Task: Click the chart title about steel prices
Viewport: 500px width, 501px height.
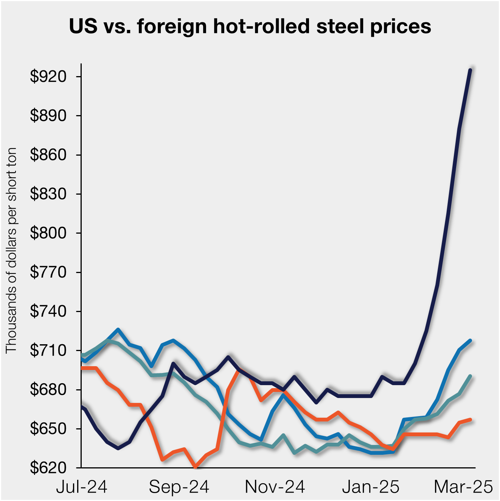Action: click(x=250, y=27)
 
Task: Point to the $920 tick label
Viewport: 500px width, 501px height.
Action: click(x=48, y=76)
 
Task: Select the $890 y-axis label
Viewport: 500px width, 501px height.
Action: click(x=48, y=115)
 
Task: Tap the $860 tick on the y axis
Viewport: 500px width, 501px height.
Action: click(x=48, y=155)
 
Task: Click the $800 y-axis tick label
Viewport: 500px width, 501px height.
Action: click(x=48, y=233)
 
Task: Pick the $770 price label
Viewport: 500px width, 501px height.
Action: click(x=48, y=272)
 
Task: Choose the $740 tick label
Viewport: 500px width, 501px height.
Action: click(x=48, y=311)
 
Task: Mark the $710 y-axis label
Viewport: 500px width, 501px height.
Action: click(x=48, y=350)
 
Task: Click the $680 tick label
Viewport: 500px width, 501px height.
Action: click(x=48, y=390)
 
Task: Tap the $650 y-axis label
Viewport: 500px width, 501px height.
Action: click(x=48, y=429)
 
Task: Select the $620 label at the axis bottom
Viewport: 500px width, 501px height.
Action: click(x=48, y=468)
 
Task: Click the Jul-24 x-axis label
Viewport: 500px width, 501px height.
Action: click(x=82, y=487)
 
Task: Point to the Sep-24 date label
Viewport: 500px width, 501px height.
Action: click(x=179, y=487)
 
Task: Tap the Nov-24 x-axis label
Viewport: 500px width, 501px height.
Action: click(x=275, y=487)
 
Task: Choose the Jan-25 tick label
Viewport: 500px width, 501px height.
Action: click(x=371, y=487)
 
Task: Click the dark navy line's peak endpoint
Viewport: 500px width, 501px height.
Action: click(x=470, y=70)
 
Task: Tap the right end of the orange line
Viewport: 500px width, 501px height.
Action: click(x=470, y=420)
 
